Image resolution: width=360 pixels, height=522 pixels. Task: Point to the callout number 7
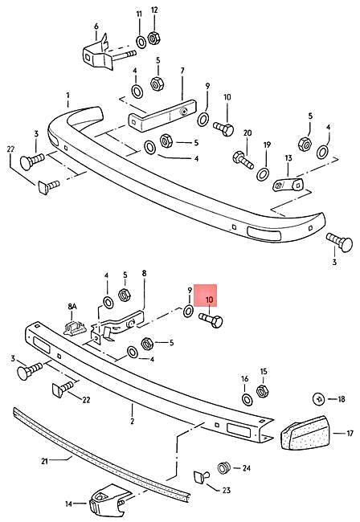point(182,71)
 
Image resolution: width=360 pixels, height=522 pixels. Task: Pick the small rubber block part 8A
point(76,327)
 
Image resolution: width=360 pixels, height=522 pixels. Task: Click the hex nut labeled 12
point(155,37)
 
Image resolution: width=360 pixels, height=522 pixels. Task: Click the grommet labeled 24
point(226,467)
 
